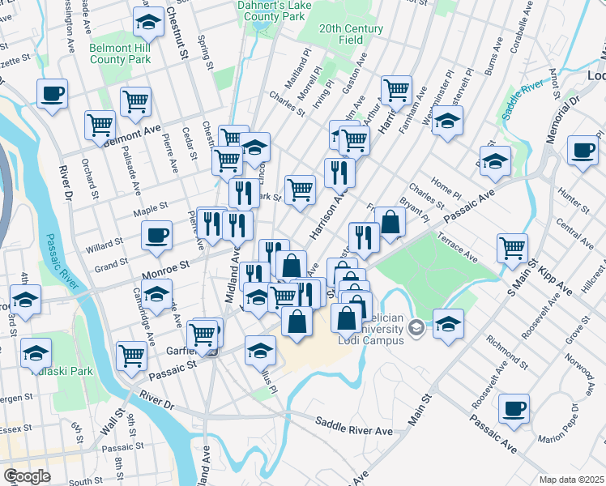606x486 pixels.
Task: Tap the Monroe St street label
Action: coord(165,265)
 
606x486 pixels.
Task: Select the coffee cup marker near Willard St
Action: coord(157,235)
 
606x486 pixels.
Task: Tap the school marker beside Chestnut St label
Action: coord(149,23)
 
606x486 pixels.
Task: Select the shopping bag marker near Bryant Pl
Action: coord(390,221)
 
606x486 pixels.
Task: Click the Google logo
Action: coord(27,475)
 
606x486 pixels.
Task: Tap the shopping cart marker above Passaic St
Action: coord(132,355)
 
